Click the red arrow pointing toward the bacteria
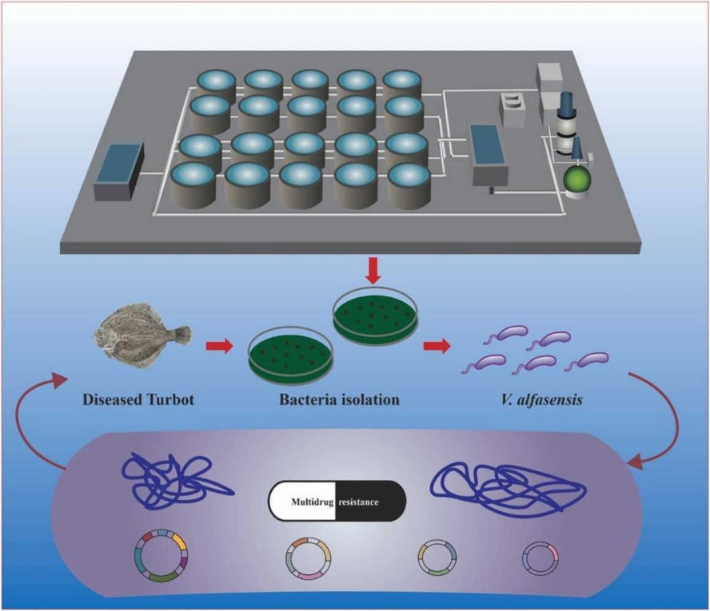(x=436, y=346)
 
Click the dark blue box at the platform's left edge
(x=118, y=173)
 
